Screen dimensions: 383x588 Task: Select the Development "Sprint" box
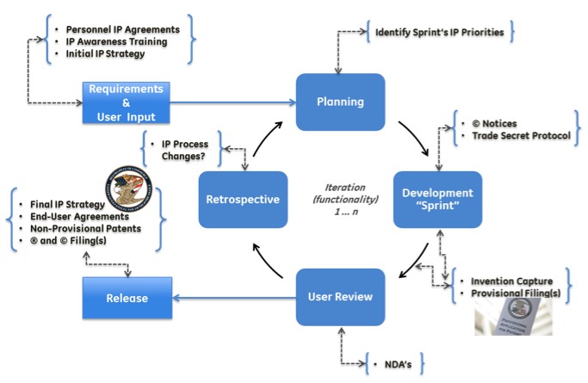pos(436,199)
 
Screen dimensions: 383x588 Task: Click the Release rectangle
pos(127,299)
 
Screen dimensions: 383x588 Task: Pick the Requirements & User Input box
pos(127,102)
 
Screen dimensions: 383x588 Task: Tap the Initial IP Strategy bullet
pos(105,53)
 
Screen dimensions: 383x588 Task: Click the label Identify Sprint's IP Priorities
pos(441,34)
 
